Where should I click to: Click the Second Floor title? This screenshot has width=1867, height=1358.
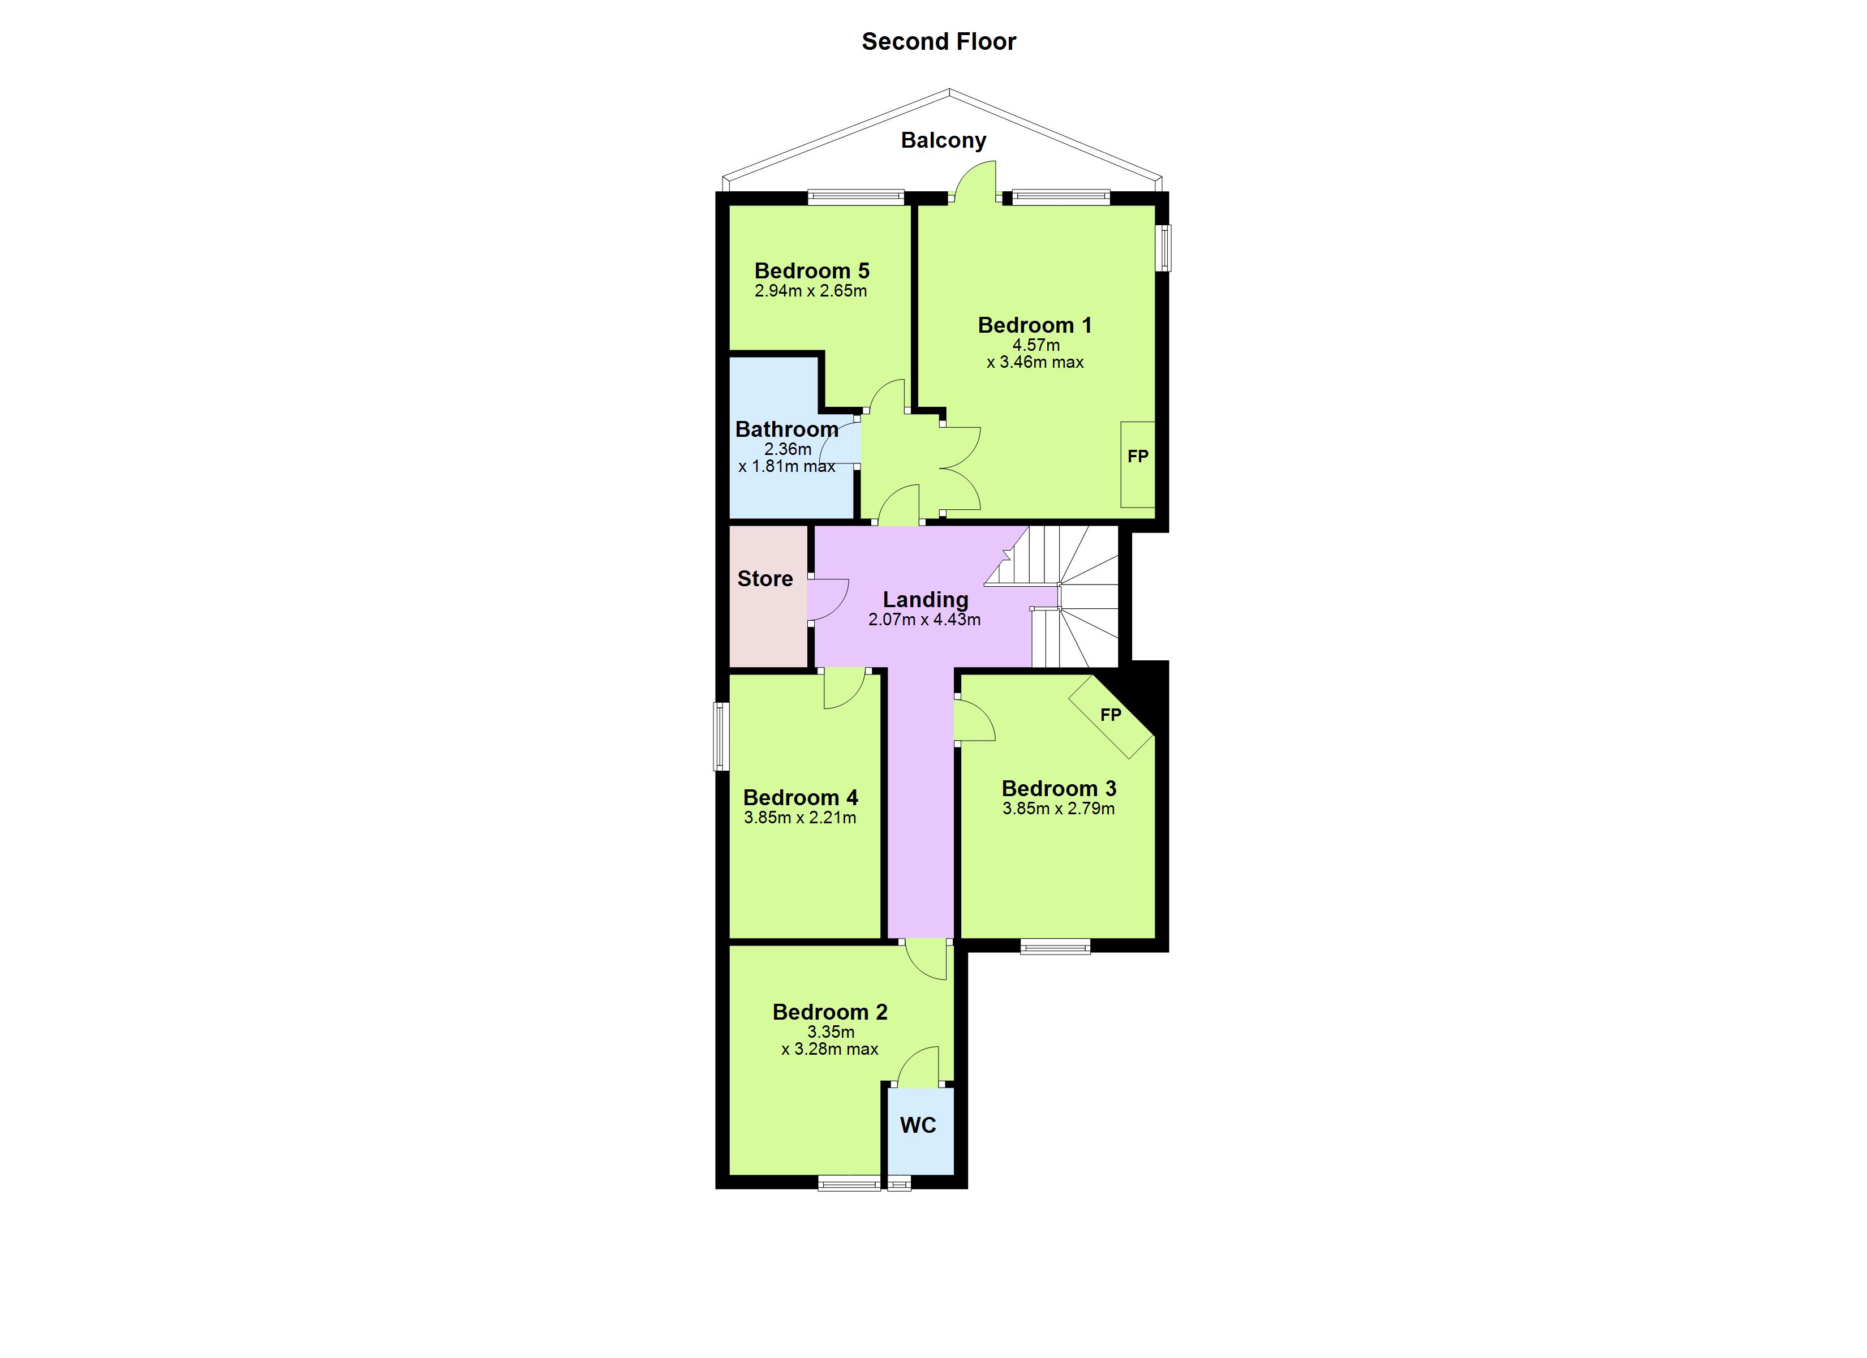pyautogui.click(x=939, y=41)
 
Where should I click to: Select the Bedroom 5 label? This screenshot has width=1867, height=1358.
pyautogui.click(x=812, y=271)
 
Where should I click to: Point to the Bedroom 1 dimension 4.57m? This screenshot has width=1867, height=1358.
pyautogui.click(x=1035, y=345)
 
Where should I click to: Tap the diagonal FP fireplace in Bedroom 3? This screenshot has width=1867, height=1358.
pyautogui.click(x=1111, y=715)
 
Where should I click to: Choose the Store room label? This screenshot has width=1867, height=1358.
pyautogui.click(x=765, y=579)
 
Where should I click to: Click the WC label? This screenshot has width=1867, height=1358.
pyautogui.click(x=918, y=1125)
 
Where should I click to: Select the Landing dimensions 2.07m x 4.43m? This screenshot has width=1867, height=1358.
pyautogui.click(x=924, y=619)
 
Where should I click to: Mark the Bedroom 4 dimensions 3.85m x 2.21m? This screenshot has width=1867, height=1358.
pyautogui.click(x=799, y=818)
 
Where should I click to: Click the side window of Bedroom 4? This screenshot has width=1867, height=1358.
pyautogui.click(x=721, y=736)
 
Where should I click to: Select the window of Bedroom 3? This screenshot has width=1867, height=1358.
pyautogui.click(x=1055, y=947)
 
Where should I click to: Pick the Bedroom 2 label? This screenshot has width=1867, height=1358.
pyautogui.click(x=830, y=1012)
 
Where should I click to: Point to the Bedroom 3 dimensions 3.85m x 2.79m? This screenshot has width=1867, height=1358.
pyautogui.click(x=1059, y=809)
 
